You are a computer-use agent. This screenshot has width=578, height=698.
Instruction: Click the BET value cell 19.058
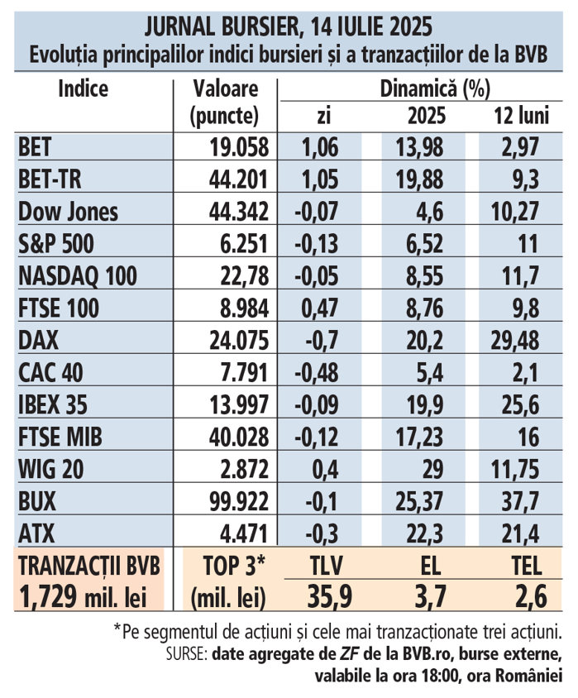pos(236,148)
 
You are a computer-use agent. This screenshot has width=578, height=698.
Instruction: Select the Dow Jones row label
pos(68,211)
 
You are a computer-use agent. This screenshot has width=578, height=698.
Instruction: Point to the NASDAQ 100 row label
pos(77,275)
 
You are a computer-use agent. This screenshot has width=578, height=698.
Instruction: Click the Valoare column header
pos(225,88)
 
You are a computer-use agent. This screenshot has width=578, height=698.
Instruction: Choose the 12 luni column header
pos(521,117)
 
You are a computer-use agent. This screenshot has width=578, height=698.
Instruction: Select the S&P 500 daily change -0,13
pos(316,243)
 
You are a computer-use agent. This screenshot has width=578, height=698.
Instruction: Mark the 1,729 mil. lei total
pos(82,595)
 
